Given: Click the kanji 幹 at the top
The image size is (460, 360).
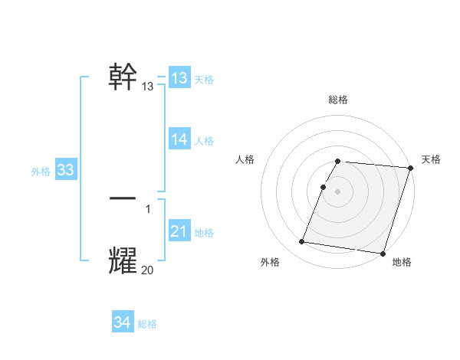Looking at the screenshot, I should click(123, 77).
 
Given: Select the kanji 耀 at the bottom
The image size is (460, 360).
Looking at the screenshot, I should click(123, 260).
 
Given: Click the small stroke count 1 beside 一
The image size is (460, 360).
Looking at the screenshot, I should click(148, 208).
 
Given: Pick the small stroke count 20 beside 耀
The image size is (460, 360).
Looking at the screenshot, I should click(148, 270).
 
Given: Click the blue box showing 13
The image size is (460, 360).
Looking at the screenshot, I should click(179, 78).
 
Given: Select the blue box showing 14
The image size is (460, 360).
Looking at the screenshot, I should click(179, 139).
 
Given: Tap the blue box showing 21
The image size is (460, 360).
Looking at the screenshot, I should click(179, 231).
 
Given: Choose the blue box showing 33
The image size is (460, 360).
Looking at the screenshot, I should click(65, 170).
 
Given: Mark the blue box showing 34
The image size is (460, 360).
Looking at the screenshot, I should click(122, 322).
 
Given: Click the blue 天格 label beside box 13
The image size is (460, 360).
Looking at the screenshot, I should click(204, 80).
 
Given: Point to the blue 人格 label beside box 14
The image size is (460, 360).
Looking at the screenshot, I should click(204, 141).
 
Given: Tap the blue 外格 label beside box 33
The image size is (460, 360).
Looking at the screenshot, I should click(41, 172).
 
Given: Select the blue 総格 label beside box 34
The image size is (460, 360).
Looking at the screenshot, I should click(147, 324).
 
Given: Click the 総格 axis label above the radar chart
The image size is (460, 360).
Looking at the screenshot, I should click(338, 100).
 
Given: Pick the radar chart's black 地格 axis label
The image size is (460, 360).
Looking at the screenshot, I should click(402, 263).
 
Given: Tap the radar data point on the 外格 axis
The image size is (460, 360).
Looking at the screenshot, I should click(302, 242).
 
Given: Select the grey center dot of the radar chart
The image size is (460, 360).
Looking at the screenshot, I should click(338, 191).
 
